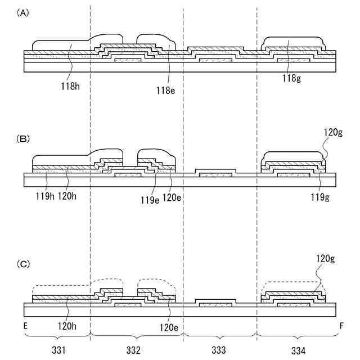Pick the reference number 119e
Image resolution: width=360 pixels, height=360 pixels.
[x=150, y=198]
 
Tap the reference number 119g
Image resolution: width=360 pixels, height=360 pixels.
[x=319, y=198]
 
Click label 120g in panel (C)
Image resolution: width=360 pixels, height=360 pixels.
[x=326, y=259]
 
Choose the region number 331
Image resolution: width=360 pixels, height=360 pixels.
[x=58, y=350]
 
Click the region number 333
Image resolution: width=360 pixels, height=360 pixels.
[x=218, y=350]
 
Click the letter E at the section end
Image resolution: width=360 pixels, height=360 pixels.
[x=26, y=325]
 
